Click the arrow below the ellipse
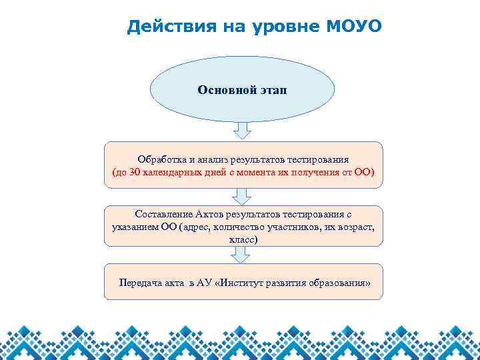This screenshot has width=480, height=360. pos(242,130)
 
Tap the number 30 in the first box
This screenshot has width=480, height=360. pos(135,173)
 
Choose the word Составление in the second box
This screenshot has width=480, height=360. pos(165,214)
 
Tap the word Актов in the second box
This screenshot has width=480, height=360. pos(210,214)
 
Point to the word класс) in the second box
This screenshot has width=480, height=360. pos(243,238)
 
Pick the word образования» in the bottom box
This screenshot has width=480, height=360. pos(339,282)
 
